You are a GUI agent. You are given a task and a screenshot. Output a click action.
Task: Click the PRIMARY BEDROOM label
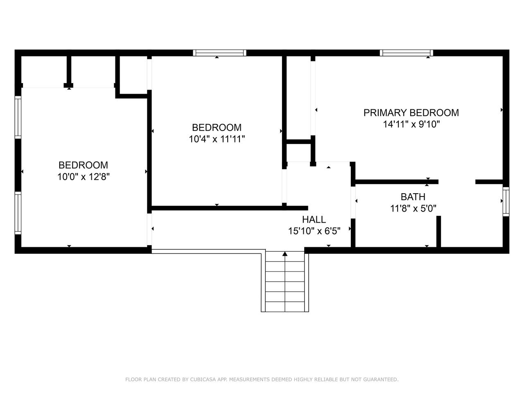click(411, 113)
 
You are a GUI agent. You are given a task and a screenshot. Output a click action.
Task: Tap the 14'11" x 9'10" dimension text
click(411, 124)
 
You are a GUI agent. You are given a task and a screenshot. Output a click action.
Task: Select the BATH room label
click(413, 197)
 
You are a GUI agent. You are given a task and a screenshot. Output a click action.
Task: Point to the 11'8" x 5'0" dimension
click(413, 208)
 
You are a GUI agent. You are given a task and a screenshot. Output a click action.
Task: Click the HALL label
click(314, 219)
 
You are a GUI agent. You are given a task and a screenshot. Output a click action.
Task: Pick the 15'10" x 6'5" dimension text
click(314, 231)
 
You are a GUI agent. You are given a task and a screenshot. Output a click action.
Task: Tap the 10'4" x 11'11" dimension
click(217, 139)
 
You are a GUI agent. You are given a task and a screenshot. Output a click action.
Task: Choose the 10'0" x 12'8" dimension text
click(84, 177)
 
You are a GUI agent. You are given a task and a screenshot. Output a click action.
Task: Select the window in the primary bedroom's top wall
click(407, 53)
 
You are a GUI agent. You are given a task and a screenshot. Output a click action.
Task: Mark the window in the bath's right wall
click(506, 202)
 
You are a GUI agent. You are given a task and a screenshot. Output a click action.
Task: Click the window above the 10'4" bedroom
click(219, 53)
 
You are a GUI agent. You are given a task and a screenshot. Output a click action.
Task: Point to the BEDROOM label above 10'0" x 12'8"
click(84, 165)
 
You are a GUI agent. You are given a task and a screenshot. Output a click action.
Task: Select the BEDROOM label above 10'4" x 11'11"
click(217, 127)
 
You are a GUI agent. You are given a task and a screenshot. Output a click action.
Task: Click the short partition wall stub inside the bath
click(438, 231)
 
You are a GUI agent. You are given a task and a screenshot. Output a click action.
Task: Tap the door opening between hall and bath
click(353, 202)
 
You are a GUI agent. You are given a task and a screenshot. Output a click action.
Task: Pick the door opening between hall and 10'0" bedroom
click(149, 229)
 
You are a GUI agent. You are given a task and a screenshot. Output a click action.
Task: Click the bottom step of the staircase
click(285, 307)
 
